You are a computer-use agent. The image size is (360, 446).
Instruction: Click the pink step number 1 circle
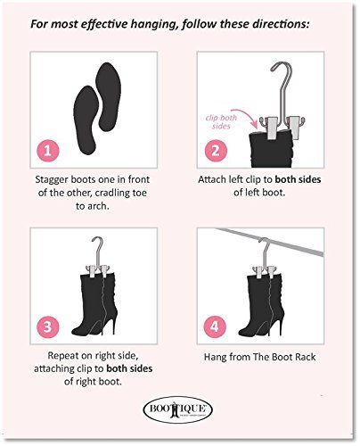[48, 151]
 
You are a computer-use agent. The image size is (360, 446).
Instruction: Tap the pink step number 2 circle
[216, 151]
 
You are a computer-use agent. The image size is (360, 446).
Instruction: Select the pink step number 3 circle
[48, 326]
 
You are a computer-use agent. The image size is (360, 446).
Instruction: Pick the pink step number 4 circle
[215, 326]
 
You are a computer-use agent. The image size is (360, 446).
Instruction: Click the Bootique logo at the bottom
[177, 409]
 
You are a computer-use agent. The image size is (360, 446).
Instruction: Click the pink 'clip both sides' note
[221, 122]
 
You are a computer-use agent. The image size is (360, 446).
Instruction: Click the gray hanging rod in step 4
[269, 241]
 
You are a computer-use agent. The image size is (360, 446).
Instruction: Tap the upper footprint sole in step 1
[108, 96]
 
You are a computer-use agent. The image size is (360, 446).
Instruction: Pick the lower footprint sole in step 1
[86, 120]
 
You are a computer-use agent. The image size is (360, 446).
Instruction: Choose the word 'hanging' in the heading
[154, 24]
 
